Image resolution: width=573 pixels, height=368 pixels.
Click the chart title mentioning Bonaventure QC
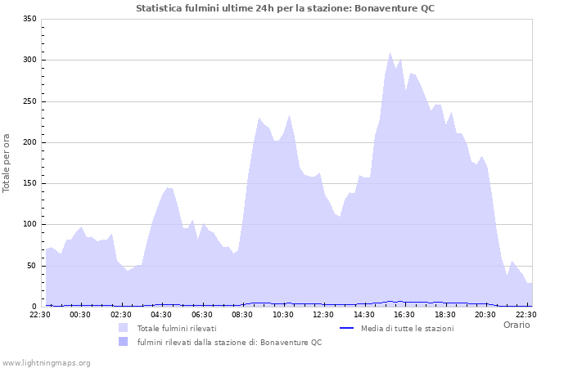coord(286,8)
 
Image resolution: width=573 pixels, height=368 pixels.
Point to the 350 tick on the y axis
coord(29,19)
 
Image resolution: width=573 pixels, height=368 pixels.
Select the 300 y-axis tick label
coord(29,60)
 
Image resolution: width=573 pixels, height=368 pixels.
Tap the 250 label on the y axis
coord(29,101)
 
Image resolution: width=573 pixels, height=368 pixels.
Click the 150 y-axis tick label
coord(29,183)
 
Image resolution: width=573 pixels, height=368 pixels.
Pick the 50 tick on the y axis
coord(32,266)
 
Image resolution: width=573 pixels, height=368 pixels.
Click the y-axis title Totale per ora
coord(7,163)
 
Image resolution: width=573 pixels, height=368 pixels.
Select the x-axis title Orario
coord(517,325)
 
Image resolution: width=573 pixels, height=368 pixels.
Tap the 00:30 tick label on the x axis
coord(80,314)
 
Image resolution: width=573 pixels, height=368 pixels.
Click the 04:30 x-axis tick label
coord(161,314)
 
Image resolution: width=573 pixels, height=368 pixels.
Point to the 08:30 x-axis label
coord(242,314)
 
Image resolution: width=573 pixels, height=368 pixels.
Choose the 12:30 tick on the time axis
coord(323,314)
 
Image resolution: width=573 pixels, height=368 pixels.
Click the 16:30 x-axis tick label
coord(404,314)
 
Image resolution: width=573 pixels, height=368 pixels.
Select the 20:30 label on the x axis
coord(485,314)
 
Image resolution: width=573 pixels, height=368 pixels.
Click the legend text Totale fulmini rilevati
coord(177,328)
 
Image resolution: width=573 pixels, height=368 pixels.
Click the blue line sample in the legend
coord(346,328)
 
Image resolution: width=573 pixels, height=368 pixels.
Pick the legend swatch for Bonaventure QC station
coord(124,341)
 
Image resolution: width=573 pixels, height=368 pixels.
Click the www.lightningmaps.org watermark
coord(46,362)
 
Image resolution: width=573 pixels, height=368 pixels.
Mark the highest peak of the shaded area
coord(390,52)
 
